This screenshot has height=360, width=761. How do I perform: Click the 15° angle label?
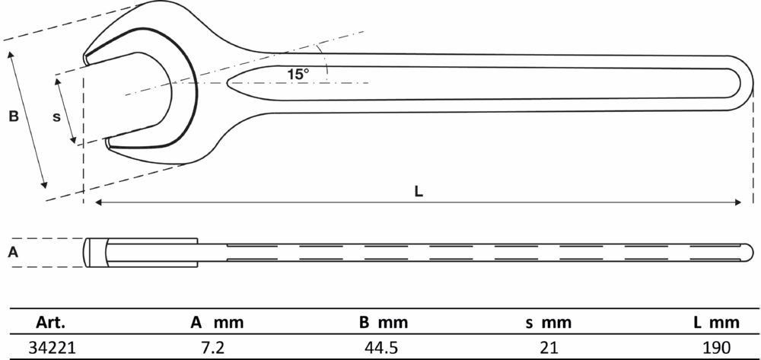[298, 74]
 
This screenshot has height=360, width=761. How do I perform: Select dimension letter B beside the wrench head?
[13, 116]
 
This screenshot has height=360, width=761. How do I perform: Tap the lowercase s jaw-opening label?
[56, 116]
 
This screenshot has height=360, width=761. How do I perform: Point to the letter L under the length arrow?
[419, 192]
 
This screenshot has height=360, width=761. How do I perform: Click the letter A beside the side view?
[12, 253]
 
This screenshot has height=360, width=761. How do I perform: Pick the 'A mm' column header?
[217, 323]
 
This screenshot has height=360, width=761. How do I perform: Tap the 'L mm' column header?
[714, 323]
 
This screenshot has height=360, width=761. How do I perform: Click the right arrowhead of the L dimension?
[739, 202]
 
